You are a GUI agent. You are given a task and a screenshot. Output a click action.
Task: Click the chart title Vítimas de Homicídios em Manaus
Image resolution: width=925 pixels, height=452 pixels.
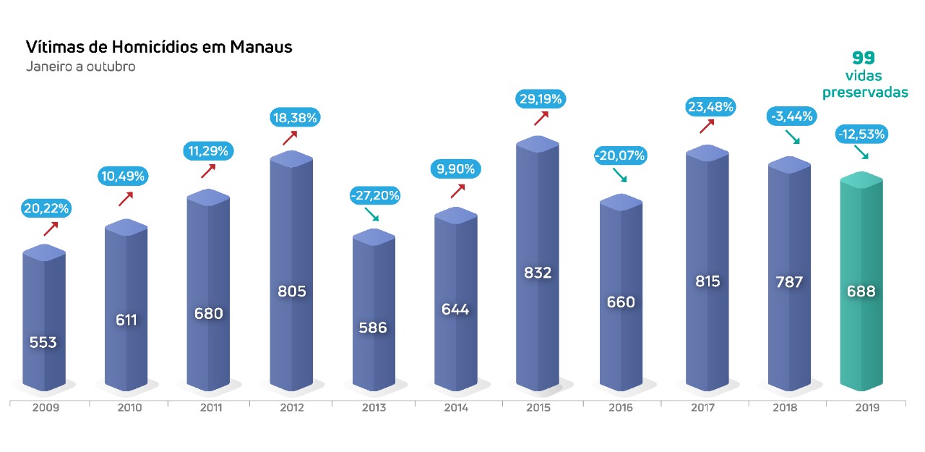159,48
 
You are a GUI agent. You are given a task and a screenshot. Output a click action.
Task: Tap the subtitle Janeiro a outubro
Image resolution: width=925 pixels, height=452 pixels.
81,67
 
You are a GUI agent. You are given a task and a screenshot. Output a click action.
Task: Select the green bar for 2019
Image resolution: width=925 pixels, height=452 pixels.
861,289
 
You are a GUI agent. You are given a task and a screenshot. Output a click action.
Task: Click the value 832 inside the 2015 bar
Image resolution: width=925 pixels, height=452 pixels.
538,273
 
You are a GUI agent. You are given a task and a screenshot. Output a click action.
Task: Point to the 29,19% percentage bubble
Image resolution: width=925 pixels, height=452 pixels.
541,98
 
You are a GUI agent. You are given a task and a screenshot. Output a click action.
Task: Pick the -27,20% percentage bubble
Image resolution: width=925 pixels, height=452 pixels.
375,195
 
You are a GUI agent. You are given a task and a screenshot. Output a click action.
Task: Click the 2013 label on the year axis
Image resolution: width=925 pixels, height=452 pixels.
374,408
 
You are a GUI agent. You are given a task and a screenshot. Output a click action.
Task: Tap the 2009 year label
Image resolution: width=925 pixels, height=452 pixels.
46,408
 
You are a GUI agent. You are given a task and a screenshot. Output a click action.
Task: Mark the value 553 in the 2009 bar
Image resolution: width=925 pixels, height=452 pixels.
43,342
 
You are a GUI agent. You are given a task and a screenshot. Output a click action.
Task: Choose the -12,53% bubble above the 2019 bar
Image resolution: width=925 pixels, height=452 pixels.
861,134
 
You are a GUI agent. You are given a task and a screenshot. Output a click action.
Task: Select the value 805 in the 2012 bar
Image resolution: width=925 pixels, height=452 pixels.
292,291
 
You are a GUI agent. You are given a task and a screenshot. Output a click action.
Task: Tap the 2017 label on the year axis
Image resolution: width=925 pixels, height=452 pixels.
702,408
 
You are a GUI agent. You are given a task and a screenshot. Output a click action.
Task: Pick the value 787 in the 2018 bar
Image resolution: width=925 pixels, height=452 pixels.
788,282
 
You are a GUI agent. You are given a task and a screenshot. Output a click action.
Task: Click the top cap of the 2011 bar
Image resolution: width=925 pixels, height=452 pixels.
208,197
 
